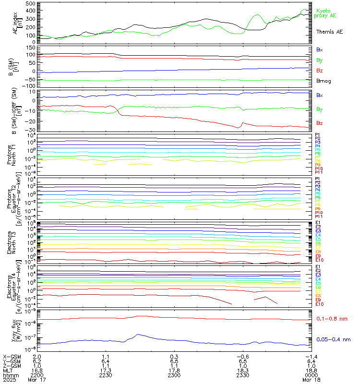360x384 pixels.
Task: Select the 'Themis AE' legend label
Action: [329, 32]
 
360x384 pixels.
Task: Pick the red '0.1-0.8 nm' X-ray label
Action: [332, 318]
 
